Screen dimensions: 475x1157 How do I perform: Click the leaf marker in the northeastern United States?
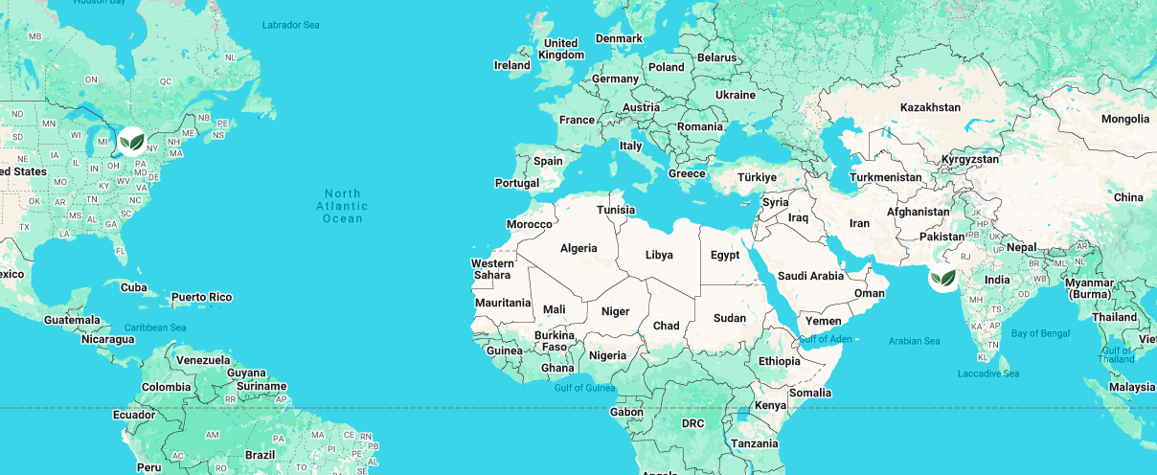pos(132,142)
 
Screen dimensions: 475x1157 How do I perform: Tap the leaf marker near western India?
pos(943,279)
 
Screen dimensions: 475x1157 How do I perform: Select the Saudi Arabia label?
pos(810,276)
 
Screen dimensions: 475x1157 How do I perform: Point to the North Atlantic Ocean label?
pos(344,206)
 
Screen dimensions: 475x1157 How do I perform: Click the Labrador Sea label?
pos(291,25)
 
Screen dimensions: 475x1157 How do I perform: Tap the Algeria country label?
pos(578,248)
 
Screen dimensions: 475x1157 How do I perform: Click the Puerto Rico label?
pos(201,297)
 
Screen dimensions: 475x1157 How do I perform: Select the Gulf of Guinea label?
pos(583,388)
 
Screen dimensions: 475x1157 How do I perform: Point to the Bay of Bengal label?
pos(1040,333)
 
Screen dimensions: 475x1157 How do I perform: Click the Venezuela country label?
pos(202,360)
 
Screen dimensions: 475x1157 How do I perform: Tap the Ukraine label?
pos(736,95)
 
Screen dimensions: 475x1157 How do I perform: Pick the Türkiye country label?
pos(757,177)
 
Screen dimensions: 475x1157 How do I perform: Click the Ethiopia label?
pos(779,361)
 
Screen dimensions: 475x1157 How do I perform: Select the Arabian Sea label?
pos(914,341)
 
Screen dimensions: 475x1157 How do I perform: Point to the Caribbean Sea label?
pos(154,328)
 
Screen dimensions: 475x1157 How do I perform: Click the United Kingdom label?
pos(560,49)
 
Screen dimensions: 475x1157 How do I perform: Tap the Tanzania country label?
pos(755,443)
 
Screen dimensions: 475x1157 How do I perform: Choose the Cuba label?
pos(134,287)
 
